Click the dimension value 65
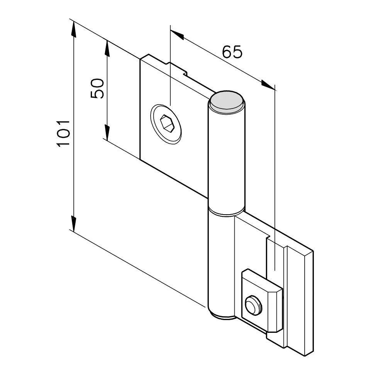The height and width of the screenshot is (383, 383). [x=232, y=52]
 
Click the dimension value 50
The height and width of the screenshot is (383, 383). [x=97, y=88]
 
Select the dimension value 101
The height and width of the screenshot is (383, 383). [x=63, y=134]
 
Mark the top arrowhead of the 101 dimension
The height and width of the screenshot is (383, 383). [x=74, y=29]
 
